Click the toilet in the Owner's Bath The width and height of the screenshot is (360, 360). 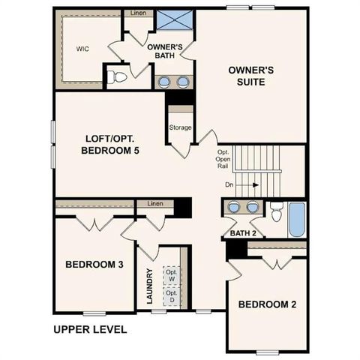click(x=117, y=76)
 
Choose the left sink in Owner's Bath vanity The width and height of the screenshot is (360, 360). click(x=164, y=81)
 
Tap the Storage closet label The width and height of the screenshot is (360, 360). click(x=180, y=127)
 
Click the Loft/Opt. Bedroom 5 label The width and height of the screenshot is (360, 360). click(x=111, y=144)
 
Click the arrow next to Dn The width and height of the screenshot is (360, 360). click(x=252, y=183)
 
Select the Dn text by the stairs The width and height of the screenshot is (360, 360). click(x=229, y=183)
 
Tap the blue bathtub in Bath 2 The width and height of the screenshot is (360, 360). click(x=296, y=218)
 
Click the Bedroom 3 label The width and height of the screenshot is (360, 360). click(x=94, y=265)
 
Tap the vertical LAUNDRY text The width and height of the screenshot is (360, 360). click(x=150, y=286)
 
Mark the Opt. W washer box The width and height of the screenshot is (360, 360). click(x=171, y=275)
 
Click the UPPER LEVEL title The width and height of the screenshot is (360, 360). click(x=90, y=329)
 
